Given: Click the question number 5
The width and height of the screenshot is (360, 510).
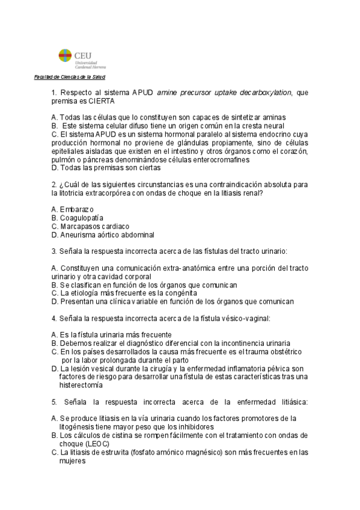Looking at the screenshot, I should (x=54, y=402).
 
